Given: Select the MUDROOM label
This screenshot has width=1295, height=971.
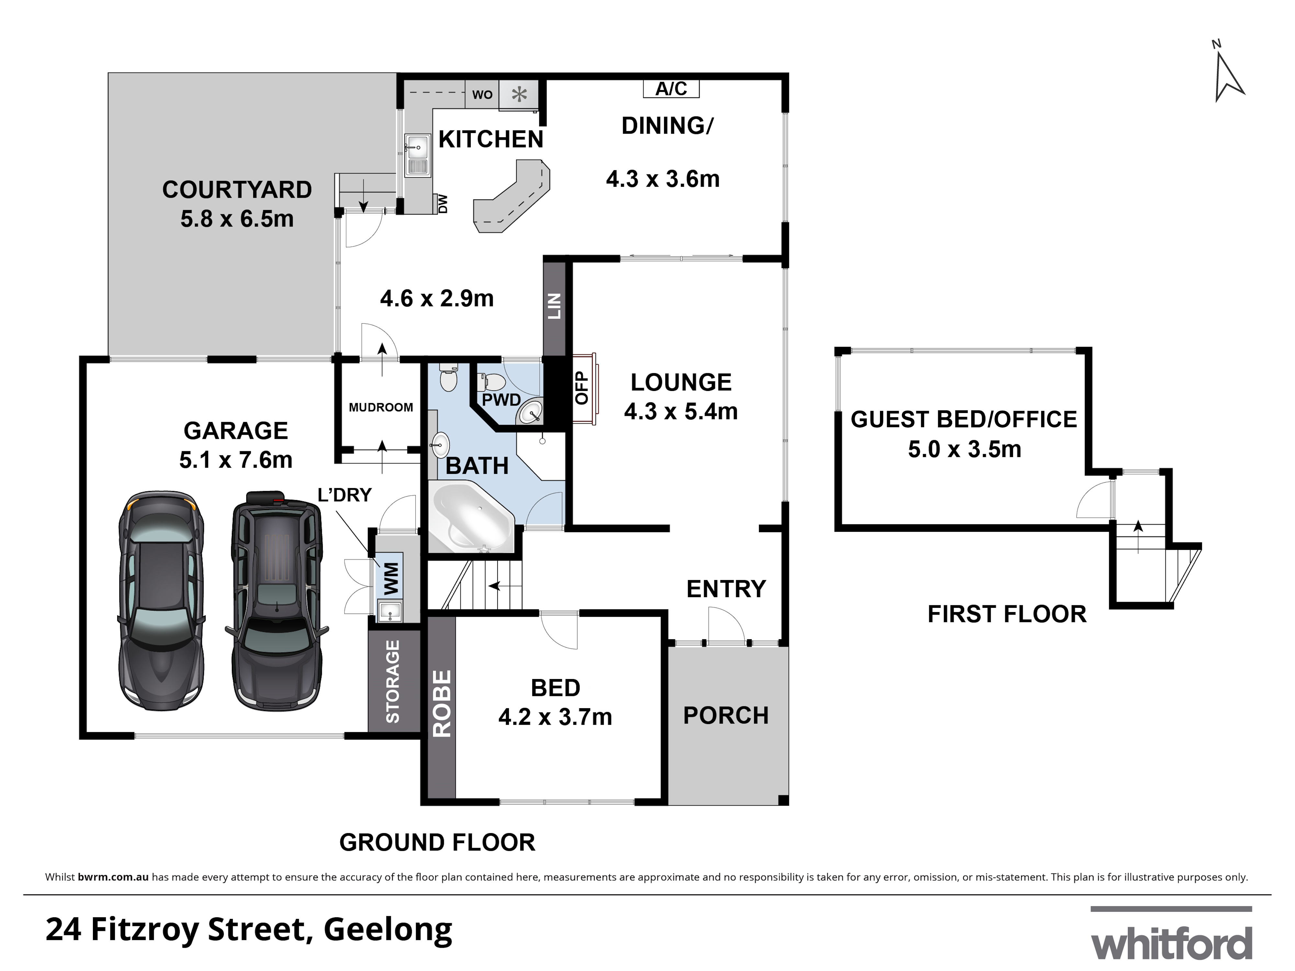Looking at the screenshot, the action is (x=380, y=407).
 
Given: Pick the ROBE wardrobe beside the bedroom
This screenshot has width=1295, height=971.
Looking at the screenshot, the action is (x=441, y=707).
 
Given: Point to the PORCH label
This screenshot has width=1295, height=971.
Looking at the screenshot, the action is (x=726, y=715).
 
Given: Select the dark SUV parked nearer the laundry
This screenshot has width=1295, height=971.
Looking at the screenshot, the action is (x=277, y=600).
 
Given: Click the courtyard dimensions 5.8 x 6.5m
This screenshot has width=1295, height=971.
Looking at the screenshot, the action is (x=237, y=219).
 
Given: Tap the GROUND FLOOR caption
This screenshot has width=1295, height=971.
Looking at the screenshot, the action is (x=437, y=843).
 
